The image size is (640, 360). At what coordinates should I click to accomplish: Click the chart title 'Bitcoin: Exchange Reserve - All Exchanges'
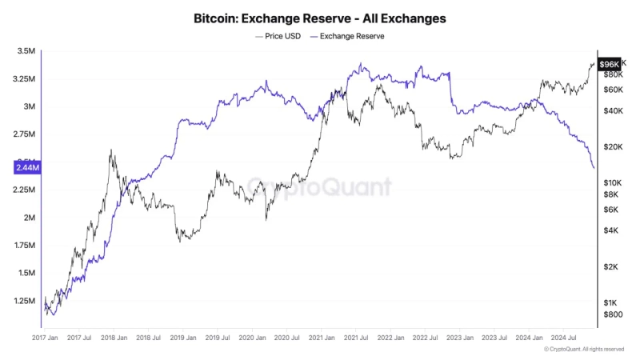319,17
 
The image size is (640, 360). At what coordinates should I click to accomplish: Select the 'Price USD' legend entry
278,37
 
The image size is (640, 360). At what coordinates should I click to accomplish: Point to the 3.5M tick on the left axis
26,51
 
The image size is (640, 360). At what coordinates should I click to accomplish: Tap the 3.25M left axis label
25,79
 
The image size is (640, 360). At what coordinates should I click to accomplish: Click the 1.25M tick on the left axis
25,301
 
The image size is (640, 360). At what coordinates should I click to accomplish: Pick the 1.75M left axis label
25,246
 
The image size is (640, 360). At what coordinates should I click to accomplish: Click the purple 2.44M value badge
26,167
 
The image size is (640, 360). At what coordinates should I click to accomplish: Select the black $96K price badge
610,64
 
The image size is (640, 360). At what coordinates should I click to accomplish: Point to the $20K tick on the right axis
614,147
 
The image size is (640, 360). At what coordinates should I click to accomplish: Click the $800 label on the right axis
613,315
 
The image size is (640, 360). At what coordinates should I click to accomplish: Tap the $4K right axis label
611,230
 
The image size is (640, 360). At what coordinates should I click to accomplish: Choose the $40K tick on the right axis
614,110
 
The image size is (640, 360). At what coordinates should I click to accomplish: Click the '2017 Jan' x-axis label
46,338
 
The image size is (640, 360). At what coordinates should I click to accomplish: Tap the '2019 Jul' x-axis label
218,338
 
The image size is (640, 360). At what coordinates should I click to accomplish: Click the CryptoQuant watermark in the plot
319,187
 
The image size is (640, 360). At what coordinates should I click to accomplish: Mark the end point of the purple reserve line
594,167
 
